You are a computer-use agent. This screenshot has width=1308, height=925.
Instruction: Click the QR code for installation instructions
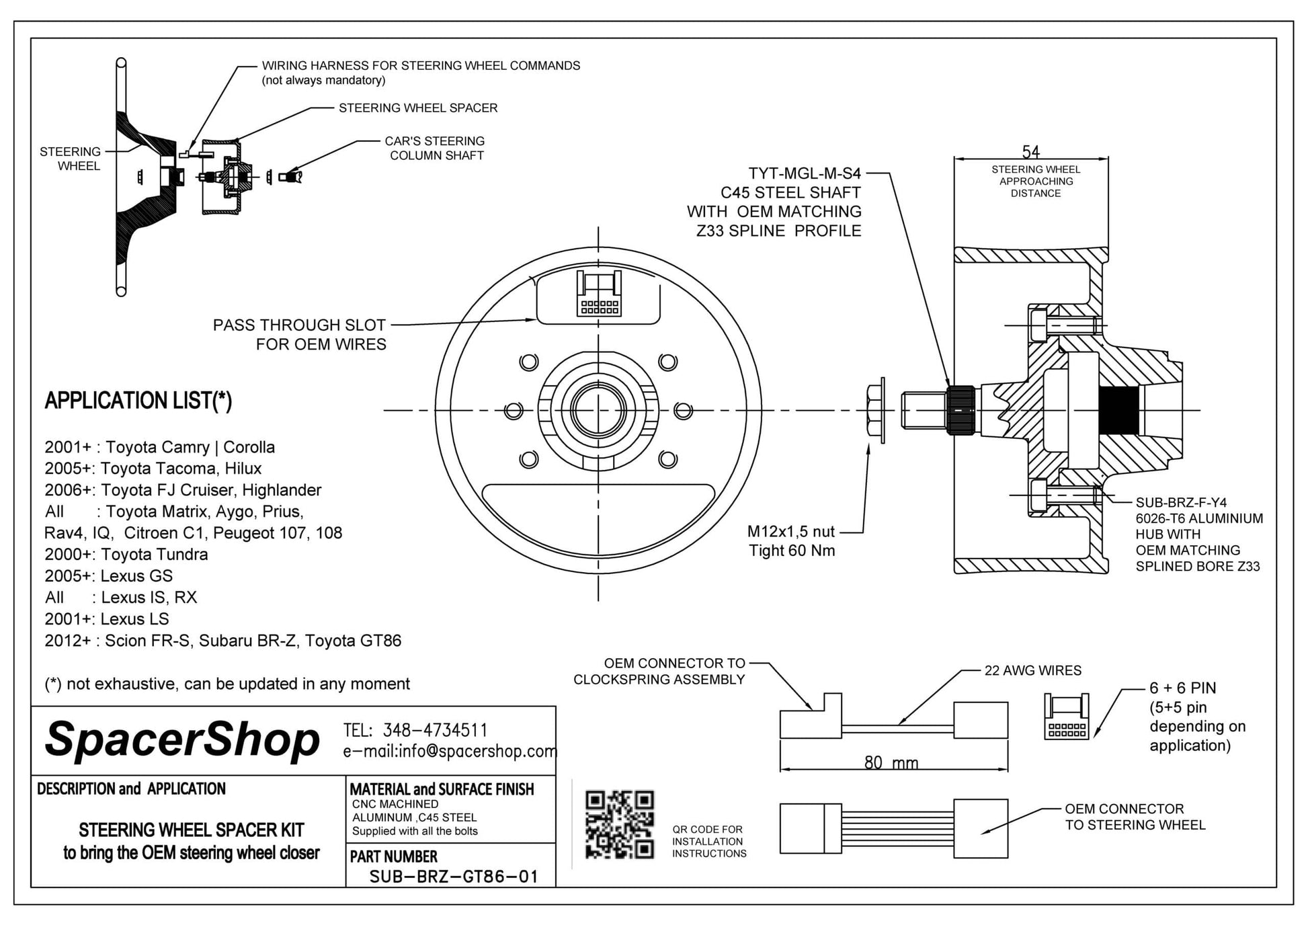(619, 824)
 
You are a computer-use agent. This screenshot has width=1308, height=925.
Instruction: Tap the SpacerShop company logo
(182, 739)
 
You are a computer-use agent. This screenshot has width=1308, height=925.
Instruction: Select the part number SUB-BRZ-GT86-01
(454, 877)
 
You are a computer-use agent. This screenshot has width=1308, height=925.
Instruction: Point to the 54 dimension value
(1030, 151)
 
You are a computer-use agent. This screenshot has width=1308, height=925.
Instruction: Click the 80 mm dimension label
(891, 762)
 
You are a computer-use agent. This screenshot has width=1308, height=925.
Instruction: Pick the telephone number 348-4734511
(435, 730)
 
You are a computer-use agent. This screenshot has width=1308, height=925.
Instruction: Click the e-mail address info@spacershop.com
(450, 751)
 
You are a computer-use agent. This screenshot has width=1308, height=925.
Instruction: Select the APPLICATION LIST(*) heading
(138, 401)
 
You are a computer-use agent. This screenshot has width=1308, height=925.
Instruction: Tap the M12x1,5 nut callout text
(790, 532)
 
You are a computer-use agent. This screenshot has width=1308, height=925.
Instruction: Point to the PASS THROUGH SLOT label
(299, 325)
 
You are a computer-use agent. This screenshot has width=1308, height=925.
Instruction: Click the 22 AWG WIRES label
(1032, 670)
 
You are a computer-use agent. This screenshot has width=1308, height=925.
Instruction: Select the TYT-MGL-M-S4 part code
(805, 173)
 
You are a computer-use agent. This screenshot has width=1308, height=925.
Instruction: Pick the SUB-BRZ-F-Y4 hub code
(1181, 502)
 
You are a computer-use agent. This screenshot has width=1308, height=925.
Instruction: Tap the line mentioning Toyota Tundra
(126, 555)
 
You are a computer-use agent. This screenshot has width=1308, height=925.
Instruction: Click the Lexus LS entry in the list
(107, 619)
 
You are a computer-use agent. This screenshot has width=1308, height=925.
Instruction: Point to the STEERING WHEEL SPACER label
(418, 108)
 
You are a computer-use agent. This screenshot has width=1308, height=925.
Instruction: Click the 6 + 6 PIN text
(1182, 688)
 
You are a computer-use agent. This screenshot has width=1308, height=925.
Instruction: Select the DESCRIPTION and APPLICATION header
(132, 789)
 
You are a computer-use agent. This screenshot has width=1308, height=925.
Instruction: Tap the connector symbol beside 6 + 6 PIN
(1066, 717)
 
